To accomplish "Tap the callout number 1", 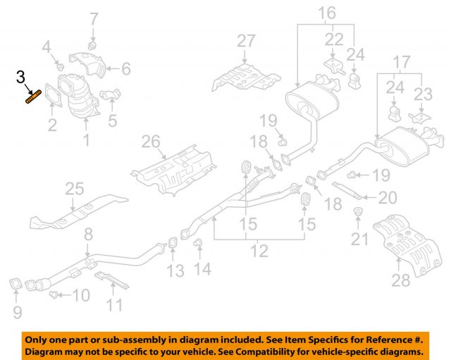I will click(x=87, y=141).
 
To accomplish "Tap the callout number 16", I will click(x=326, y=13).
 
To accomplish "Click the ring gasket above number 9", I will click(x=15, y=285).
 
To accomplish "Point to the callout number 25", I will click(x=74, y=189).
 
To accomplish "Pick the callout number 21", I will click(x=360, y=240).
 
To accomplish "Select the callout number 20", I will click(x=388, y=199).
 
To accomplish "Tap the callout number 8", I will click(x=87, y=233).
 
